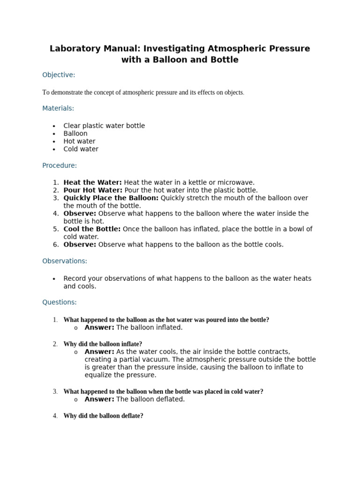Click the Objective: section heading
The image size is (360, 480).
59,75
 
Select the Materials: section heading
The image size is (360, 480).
58,108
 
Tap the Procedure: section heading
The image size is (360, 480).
60,165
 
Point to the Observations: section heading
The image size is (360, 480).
65,261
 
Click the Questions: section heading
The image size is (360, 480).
60,302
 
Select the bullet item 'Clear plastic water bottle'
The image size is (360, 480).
104,126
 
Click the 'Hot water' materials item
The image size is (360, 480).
79,141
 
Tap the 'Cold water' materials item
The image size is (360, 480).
81,149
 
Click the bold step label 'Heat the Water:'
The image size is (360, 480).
92,182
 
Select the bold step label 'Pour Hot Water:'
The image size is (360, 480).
93,190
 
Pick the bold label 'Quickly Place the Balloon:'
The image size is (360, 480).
111,198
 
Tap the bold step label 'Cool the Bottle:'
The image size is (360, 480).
92,229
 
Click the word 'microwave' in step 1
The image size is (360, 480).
237,182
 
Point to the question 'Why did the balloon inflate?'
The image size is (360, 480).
103,344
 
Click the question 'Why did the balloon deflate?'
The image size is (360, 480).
103,416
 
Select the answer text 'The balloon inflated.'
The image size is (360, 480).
149,328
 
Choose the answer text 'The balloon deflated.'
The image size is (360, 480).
150,399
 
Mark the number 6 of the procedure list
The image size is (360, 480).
56,245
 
